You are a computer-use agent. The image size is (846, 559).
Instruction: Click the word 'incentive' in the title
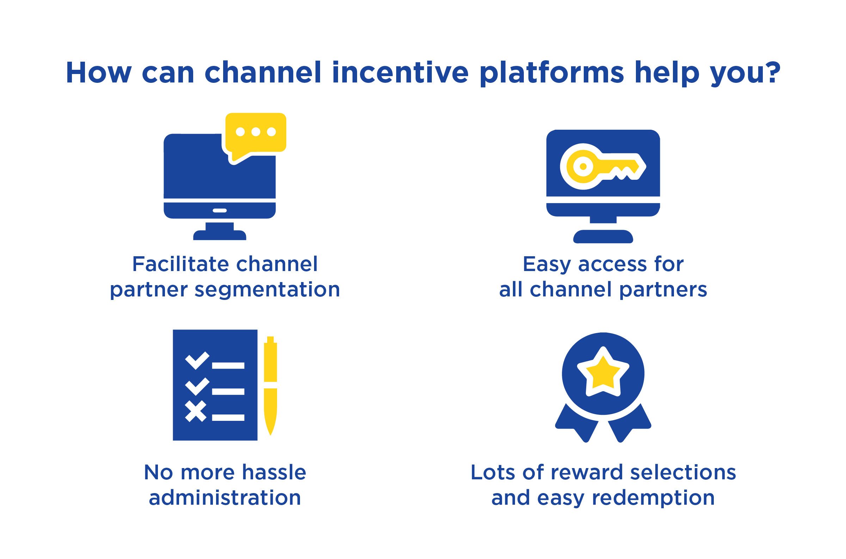400,73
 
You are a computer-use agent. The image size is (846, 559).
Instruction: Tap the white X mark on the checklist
196,411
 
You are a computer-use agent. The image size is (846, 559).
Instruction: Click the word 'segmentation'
267,289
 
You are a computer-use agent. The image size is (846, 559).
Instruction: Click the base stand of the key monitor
603,236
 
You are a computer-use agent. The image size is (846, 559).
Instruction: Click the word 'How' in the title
99,73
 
